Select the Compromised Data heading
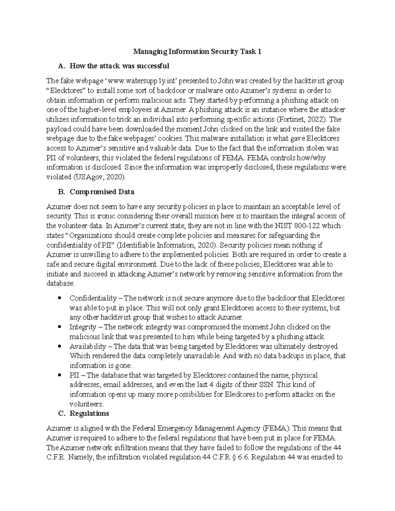coord(102,192)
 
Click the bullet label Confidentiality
coord(93,298)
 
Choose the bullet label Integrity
coord(83,327)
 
